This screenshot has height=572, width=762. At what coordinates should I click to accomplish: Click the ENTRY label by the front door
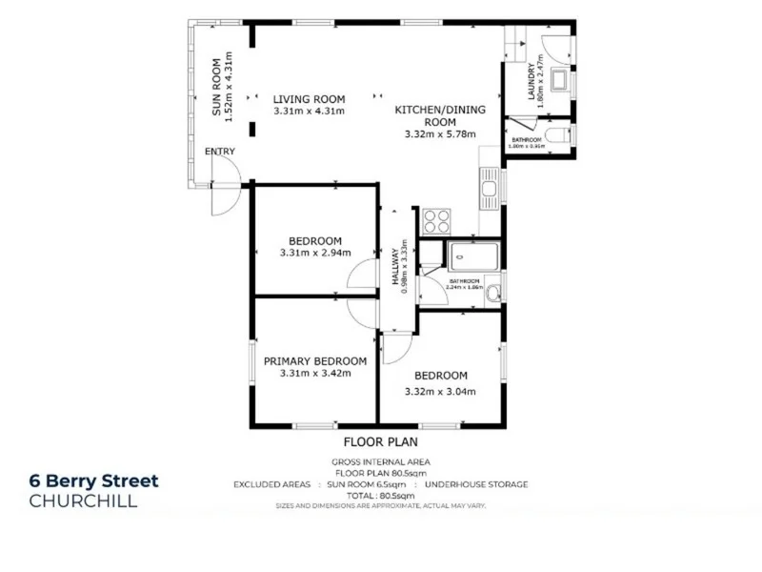click(x=220, y=152)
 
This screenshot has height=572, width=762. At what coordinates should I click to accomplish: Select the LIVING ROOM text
click(x=309, y=98)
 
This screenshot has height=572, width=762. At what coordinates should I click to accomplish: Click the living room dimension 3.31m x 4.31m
click(x=309, y=111)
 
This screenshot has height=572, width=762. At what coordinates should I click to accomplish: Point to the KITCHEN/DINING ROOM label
click(x=440, y=115)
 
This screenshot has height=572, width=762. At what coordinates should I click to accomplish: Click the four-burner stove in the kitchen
click(x=436, y=221)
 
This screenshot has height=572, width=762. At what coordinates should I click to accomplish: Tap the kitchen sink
click(x=490, y=188)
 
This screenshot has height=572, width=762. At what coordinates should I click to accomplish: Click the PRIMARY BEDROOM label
click(x=315, y=360)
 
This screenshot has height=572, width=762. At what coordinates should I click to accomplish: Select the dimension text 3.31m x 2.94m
click(x=315, y=254)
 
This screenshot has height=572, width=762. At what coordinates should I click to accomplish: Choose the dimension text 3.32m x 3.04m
click(x=440, y=392)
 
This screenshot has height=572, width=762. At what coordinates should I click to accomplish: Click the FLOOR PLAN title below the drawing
click(x=381, y=442)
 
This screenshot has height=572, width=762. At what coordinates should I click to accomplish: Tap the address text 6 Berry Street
click(x=93, y=481)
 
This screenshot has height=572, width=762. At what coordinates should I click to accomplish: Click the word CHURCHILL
click(x=84, y=501)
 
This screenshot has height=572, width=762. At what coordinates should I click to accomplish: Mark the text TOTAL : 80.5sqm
click(x=381, y=496)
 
